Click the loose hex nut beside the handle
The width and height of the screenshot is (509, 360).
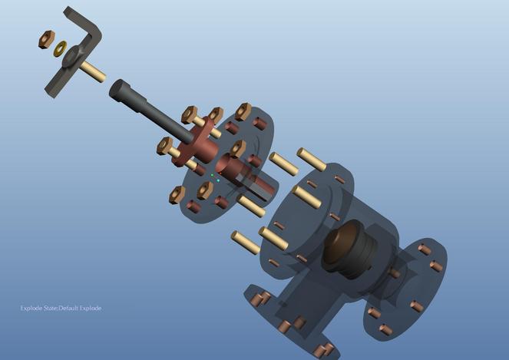(45, 39)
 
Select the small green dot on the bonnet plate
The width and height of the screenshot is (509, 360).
(212, 176)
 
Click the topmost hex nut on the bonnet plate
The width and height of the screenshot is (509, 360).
(244, 111)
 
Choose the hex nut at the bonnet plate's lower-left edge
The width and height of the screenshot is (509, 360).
(177, 194)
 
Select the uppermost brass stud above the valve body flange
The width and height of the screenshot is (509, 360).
(312, 159)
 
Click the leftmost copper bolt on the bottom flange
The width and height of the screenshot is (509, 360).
(256, 298)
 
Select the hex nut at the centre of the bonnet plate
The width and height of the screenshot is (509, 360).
(238, 148)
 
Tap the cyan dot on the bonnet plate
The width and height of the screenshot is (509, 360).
(218, 182)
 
